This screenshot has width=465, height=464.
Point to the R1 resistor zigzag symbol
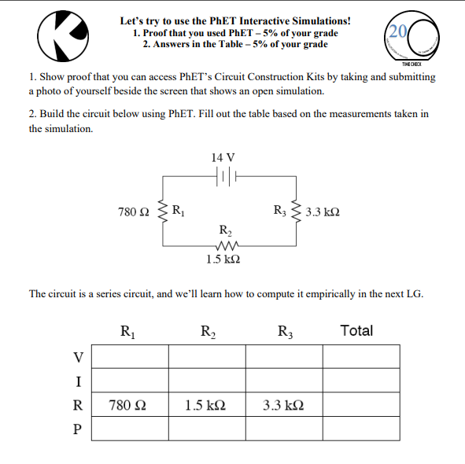[163, 211]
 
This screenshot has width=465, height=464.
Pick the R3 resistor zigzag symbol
[296, 211]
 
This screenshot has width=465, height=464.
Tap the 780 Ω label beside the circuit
[133, 212]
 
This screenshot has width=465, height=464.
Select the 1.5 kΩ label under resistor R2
[224, 259]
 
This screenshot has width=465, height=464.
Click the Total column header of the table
[356, 331]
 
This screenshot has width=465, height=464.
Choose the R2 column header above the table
[208, 331]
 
